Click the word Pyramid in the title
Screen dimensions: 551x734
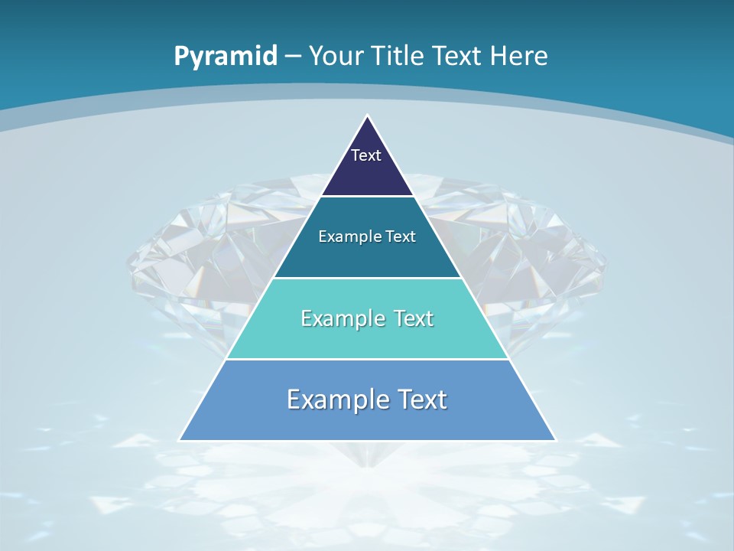pyautogui.click(x=226, y=56)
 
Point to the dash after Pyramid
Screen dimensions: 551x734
pyautogui.click(x=293, y=57)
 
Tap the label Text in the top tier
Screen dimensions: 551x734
pyautogui.click(x=366, y=155)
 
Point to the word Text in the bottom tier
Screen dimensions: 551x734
pyautogui.click(x=419, y=399)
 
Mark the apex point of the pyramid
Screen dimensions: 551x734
pyautogui.click(x=368, y=116)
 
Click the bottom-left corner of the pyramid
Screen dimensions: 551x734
pyautogui.click(x=179, y=440)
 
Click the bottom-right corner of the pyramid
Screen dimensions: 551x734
pyautogui.click(x=556, y=440)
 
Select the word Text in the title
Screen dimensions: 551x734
pyautogui.click(x=458, y=56)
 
